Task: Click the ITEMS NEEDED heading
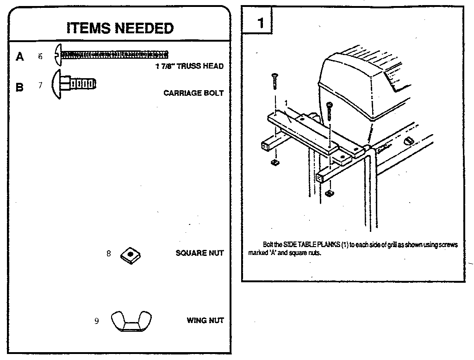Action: pos(120,28)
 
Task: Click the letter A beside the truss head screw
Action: pos(20,56)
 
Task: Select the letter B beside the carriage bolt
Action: pos(19,87)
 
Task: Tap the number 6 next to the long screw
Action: pos(40,56)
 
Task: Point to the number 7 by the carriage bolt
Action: pos(40,85)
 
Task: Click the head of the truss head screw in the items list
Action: pos(58,55)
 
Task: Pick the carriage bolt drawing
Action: pos(74,84)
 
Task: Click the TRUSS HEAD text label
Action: pos(200,66)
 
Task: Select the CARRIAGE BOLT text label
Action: pos(193,93)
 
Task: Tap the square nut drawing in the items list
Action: pos(130,255)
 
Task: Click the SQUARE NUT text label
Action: pos(200,253)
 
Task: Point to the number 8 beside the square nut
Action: pos(108,253)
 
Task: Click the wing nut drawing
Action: pos(131,321)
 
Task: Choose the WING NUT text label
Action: pos(205,320)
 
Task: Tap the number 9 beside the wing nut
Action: pos(96,321)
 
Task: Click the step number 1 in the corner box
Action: pos(260,23)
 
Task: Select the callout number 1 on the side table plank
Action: pos(286,103)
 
